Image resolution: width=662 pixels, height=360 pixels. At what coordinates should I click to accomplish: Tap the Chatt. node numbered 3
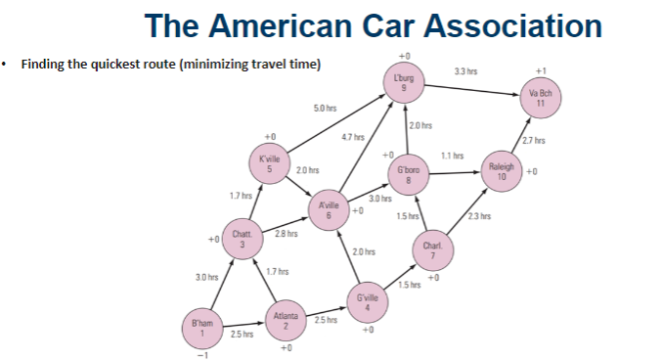[x=243, y=239]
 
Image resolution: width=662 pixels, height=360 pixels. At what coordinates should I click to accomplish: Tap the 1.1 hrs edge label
[x=451, y=155]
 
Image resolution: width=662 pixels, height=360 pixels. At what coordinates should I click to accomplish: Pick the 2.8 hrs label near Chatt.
[x=286, y=233]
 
